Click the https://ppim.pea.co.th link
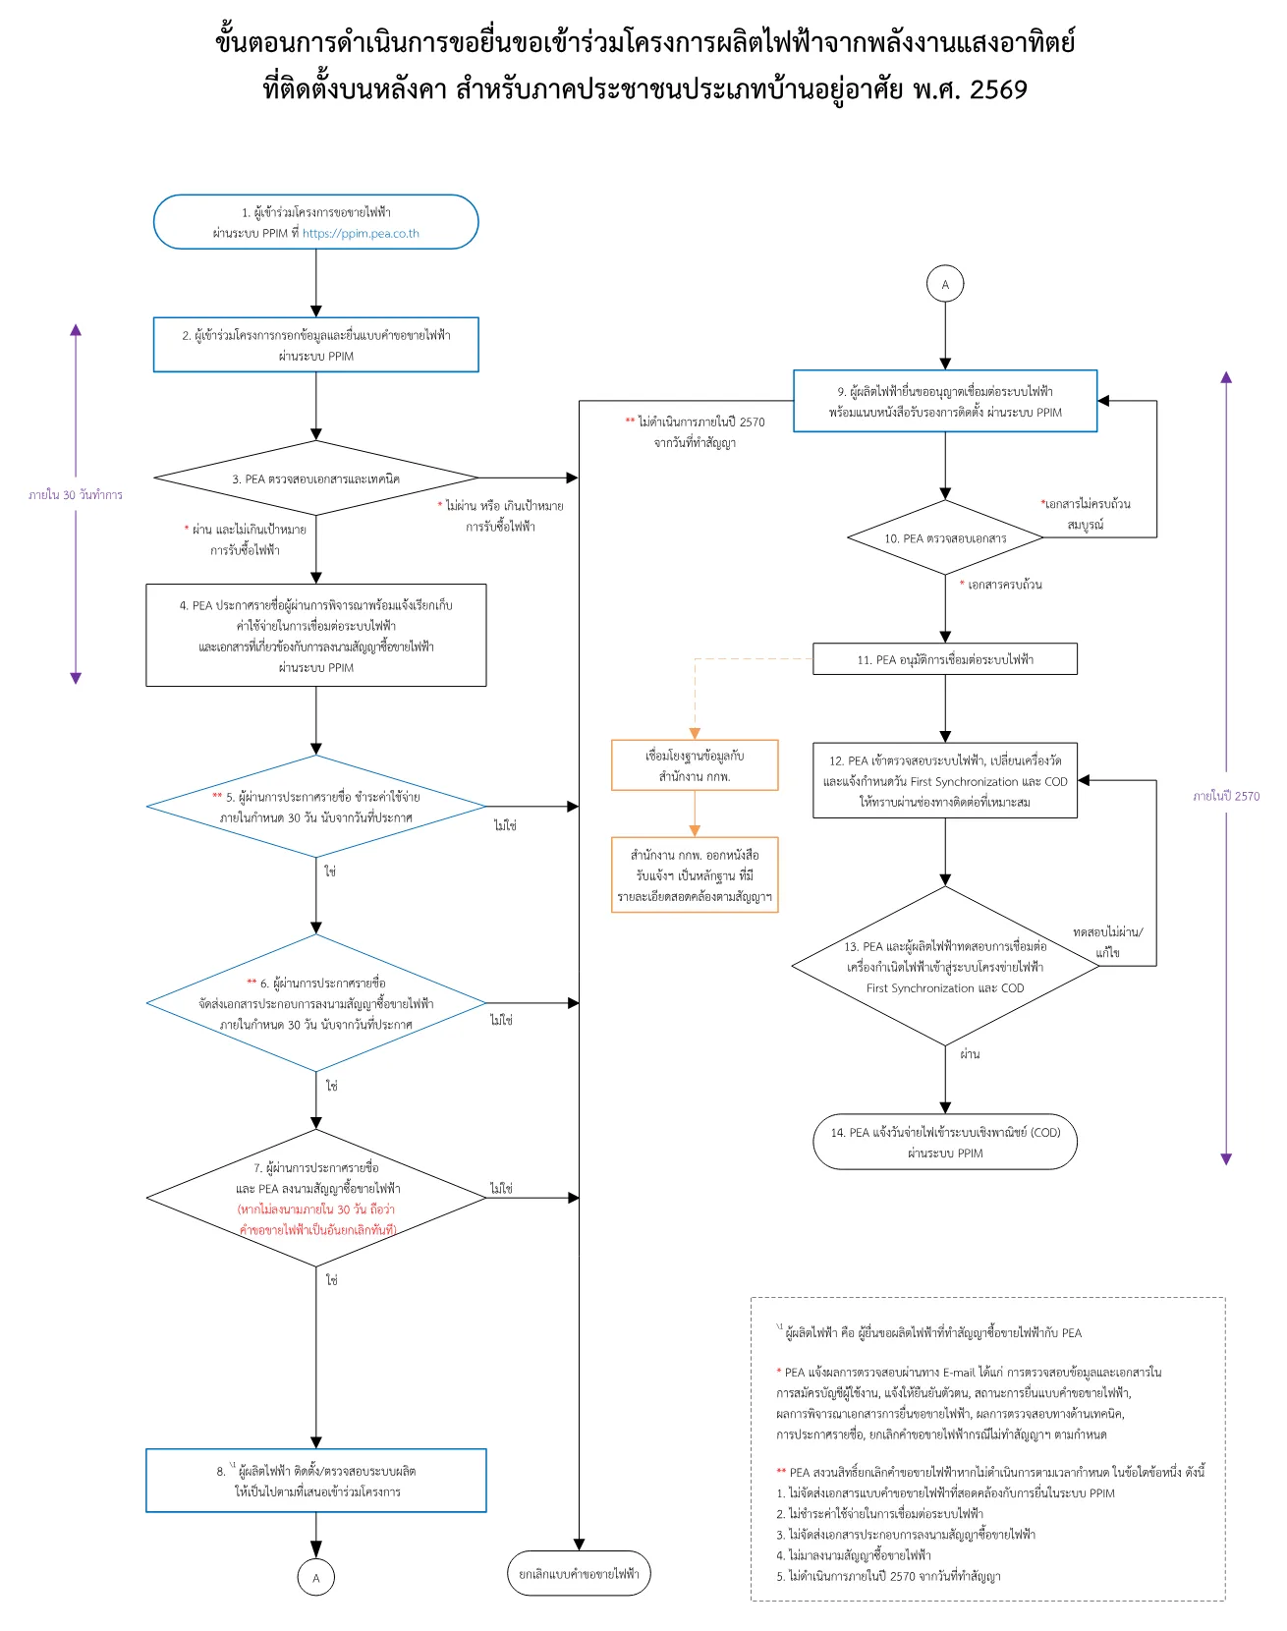pyautogui.click(x=361, y=234)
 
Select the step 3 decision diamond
pyautogui.click(x=316, y=478)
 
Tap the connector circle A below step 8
pyautogui.click(x=316, y=1577)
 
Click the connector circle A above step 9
pyautogui.click(x=945, y=284)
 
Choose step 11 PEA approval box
pyautogui.click(x=945, y=659)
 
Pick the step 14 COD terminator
pyautogui.click(x=945, y=1142)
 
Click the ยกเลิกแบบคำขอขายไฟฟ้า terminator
pyautogui.click(x=580, y=1573)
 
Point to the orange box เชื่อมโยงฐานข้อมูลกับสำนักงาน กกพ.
pyautogui.click(x=695, y=765)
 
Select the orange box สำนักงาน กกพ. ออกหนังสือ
pyautogui.click(x=695, y=875)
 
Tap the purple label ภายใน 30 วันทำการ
pyautogui.click(x=76, y=495)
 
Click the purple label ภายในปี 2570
pyautogui.click(x=1226, y=796)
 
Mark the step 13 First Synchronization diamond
pyautogui.click(x=945, y=966)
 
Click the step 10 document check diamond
pyautogui.click(x=945, y=537)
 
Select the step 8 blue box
pyautogui.click(x=316, y=1480)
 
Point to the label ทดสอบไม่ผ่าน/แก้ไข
pyautogui.click(x=1108, y=941)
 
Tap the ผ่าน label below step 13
pyautogui.click(x=971, y=1054)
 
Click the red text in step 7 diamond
pyautogui.click(x=316, y=1219)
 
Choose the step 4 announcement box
pyautogui.click(x=316, y=636)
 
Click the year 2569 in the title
pyautogui.click(x=998, y=89)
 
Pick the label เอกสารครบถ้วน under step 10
pyautogui.click(x=1001, y=585)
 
